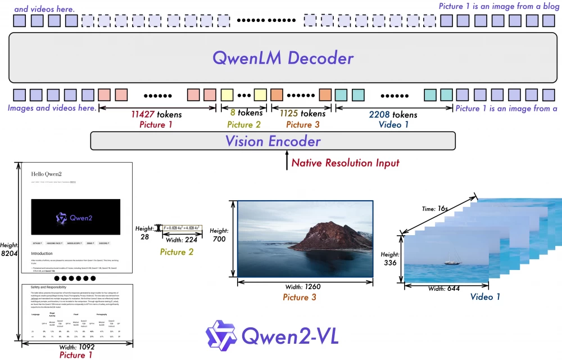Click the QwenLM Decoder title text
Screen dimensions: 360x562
click(283, 58)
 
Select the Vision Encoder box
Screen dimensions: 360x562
click(273, 141)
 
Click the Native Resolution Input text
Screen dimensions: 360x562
click(346, 163)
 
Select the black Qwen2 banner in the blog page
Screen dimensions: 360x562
click(75, 217)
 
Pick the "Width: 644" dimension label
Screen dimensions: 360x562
click(443, 289)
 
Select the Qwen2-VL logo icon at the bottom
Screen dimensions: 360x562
click(221, 336)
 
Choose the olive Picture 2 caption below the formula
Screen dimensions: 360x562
click(176, 252)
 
